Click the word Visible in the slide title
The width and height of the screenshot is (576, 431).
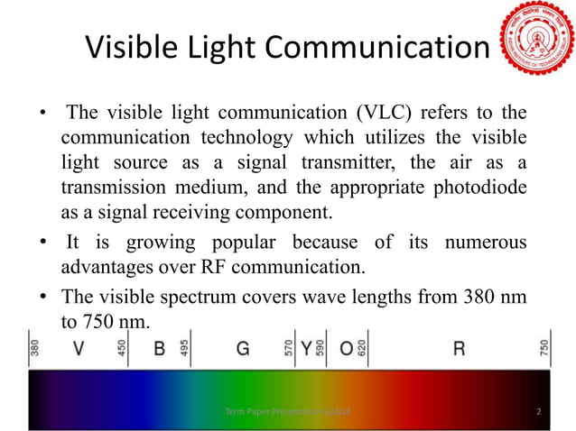[133, 49]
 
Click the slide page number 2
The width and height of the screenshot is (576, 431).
[539, 412]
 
